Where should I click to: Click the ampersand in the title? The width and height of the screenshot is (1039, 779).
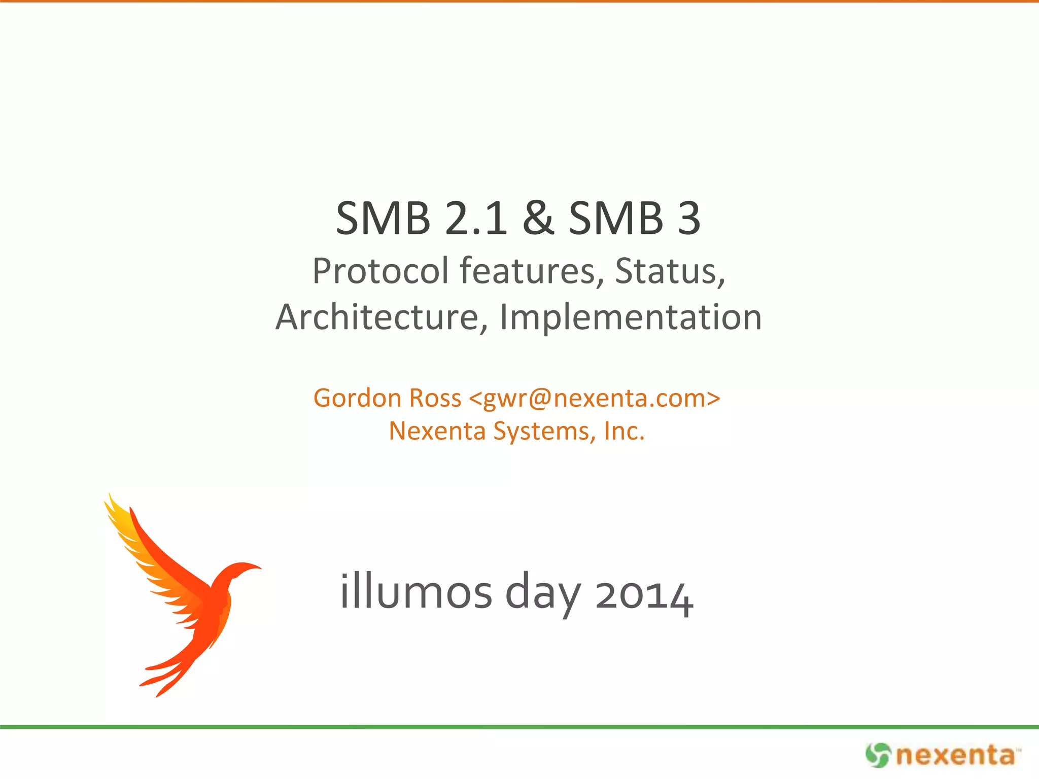point(538,218)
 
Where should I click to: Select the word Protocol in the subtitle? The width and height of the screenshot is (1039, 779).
point(380,271)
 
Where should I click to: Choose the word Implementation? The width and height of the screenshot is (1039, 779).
point(631,317)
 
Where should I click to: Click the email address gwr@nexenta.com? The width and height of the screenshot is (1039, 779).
point(594,398)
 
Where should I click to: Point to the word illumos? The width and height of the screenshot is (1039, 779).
point(416,592)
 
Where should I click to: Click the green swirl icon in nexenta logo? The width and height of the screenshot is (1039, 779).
point(878,755)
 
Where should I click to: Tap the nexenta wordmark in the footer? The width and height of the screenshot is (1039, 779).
point(956,756)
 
